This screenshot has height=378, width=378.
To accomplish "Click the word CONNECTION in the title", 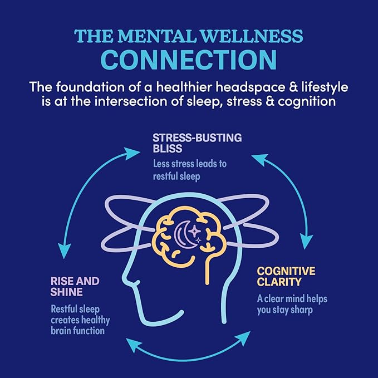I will pyautogui.click(x=189, y=58).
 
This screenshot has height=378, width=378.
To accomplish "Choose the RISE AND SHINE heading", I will pyautogui.click(x=75, y=287).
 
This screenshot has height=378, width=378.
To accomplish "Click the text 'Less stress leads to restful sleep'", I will pyautogui.click(x=189, y=170).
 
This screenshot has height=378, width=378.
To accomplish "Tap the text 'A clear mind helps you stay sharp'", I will pyautogui.click(x=292, y=305).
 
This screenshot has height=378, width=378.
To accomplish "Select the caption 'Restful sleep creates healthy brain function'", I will pyautogui.click(x=81, y=320).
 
